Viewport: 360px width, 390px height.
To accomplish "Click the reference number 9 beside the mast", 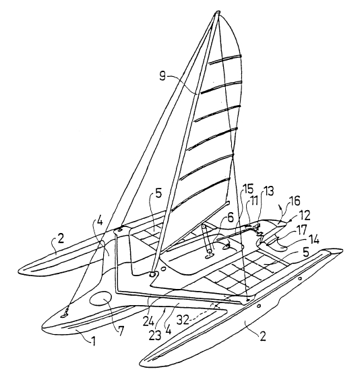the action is pyautogui.click(x=162, y=75).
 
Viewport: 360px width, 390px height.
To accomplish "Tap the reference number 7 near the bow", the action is pyautogui.click(x=121, y=331).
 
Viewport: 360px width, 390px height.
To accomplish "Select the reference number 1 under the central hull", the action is pyautogui.click(x=92, y=342).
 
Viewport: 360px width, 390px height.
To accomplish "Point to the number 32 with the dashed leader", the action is pyautogui.click(x=183, y=320).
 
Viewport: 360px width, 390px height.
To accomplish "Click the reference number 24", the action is pyautogui.click(x=149, y=321).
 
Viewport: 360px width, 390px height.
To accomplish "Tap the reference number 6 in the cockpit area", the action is pyautogui.click(x=231, y=218).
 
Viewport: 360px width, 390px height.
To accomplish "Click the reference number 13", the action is pyautogui.click(x=268, y=191).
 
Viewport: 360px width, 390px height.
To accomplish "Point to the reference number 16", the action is pyautogui.click(x=295, y=201).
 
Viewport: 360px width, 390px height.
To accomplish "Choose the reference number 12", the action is pyautogui.click(x=305, y=216).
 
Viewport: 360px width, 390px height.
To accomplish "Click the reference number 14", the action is pyautogui.click(x=313, y=240).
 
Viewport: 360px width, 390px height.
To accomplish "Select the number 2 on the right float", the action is pyautogui.click(x=262, y=336).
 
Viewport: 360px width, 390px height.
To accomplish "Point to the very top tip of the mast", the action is pyautogui.click(x=217, y=11).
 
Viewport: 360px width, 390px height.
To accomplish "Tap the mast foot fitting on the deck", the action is pyautogui.click(x=153, y=275).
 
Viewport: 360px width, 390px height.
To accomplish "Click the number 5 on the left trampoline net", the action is pyautogui.click(x=158, y=193).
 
